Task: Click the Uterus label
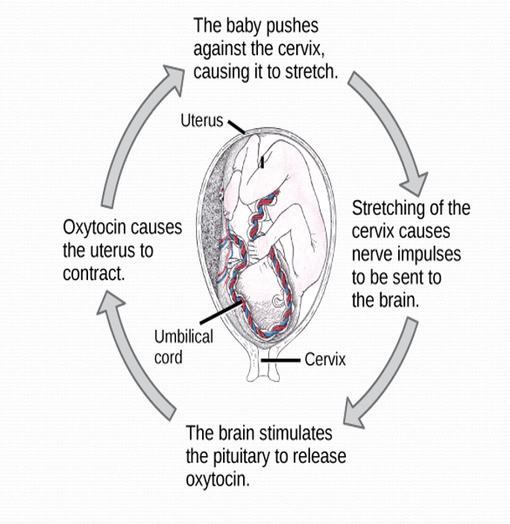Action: click(x=201, y=119)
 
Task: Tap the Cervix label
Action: click(x=325, y=359)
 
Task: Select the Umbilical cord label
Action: click(x=183, y=346)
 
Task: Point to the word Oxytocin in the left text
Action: click(x=96, y=227)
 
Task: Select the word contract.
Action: click(x=92, y=273)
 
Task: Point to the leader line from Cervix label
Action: click(x=283, y=360)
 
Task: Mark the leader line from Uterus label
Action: click(x=236, y=126)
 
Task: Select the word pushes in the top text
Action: click(x=293, y=26)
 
